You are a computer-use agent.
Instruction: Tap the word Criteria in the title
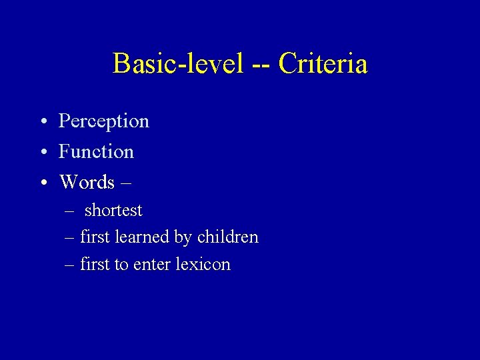(x=323, y=64)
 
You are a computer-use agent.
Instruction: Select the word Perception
(x=104, y=121)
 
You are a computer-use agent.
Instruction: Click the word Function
(x=96, y=152)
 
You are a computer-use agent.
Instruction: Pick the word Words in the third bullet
(x=87, y=182)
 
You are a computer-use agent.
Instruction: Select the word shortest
(x=113, y=211)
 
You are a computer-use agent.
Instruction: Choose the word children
(x=227, y=237)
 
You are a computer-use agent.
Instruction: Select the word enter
(x=152, y=265)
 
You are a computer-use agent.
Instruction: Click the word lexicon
(x=203, y=265)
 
